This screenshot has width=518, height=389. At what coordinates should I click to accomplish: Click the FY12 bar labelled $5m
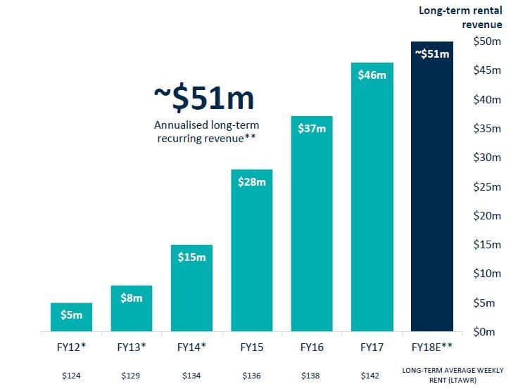[x=71, y=317]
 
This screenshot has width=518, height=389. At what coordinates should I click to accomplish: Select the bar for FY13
[x=131, y=309]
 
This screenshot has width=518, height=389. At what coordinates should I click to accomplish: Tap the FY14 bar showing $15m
[x=191, y=288]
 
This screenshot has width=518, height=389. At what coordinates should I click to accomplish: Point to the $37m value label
[x=311, y=129]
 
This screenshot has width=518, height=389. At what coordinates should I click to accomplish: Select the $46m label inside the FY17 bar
[x=372, y=75]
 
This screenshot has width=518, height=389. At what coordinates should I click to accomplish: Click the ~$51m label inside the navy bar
[x=432, y=53]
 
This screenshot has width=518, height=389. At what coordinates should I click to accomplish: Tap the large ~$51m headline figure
[x=204, y=98]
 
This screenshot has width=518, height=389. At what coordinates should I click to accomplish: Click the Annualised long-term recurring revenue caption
[x=204, y=132]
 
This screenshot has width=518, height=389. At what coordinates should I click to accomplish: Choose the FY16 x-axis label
[x=311, y=347]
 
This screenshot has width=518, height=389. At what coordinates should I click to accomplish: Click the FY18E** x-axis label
[x=432, y=347]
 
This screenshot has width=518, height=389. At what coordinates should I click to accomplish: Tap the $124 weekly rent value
[x=71, y=376]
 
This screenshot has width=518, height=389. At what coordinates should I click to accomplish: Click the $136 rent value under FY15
[x=251, y=376]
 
